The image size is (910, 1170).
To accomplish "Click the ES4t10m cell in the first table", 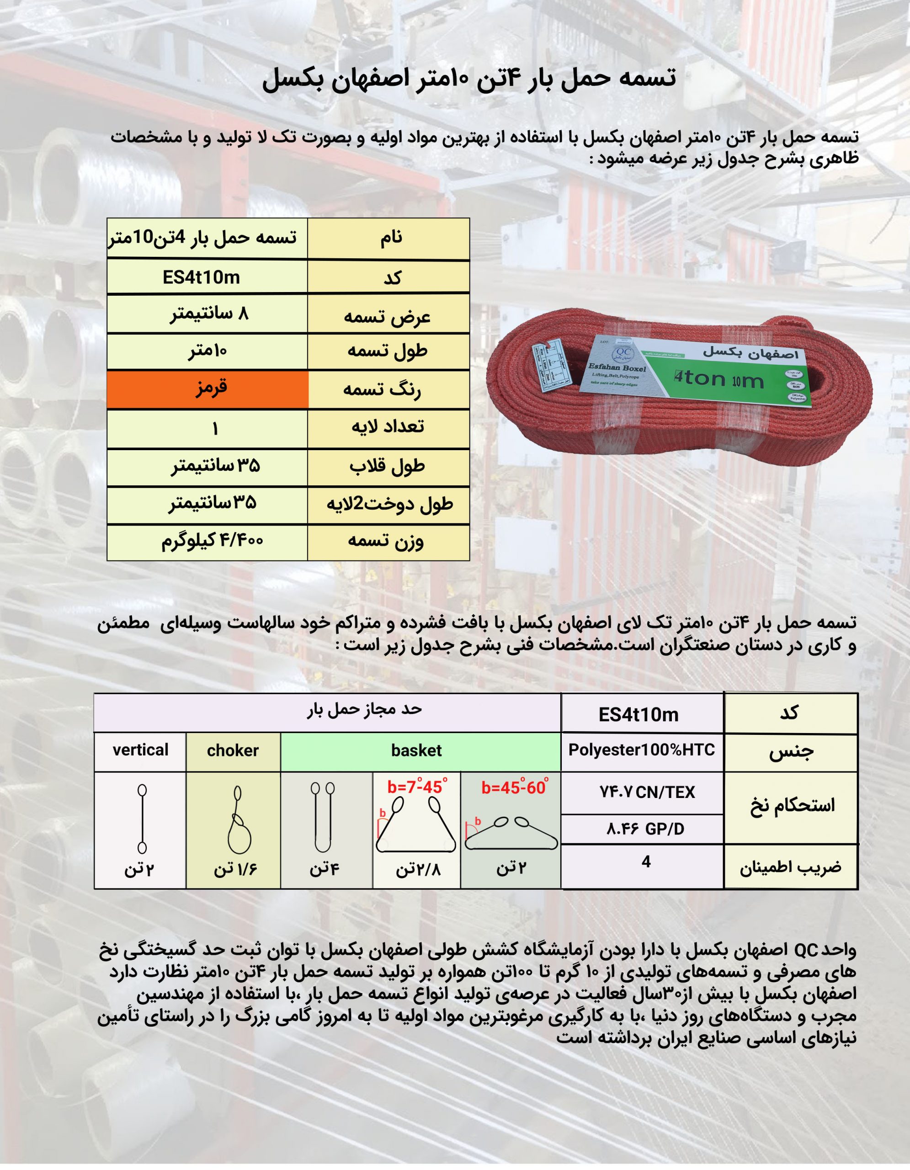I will point(202,277).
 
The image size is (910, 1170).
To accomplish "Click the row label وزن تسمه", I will point(387,541).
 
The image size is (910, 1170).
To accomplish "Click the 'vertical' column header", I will point(140,750).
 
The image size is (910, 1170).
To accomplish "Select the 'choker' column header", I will point(233,750).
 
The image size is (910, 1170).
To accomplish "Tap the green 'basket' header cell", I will point(417,750).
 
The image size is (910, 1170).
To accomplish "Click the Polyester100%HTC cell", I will point(642,750).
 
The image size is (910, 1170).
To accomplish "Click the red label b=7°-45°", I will point(417,787).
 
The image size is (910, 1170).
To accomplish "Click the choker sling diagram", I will point(238,819).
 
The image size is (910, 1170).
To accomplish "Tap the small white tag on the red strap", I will point(552,367).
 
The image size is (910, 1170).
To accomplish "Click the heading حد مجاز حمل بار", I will point(364,709).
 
